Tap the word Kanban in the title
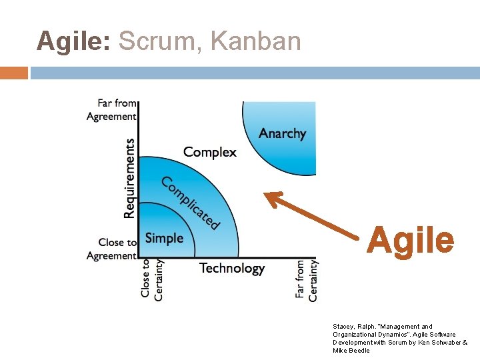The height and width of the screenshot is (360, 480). click(x=255, y=41)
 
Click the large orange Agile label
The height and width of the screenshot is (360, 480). click(x=410, y=240)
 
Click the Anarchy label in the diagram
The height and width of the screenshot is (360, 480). click(x=282, y=133)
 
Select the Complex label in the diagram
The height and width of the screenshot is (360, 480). click(x=209, y=152)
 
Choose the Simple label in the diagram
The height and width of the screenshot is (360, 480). click(x=164, y=238)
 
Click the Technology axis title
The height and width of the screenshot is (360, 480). click(x=232, y=269)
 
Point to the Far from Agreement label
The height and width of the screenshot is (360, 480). click(x=111, y=110)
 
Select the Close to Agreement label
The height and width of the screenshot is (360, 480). click(x=111, y=249)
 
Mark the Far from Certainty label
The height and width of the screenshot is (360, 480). click(x=307, y=281)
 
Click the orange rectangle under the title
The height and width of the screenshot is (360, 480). click(x=14, y=73)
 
